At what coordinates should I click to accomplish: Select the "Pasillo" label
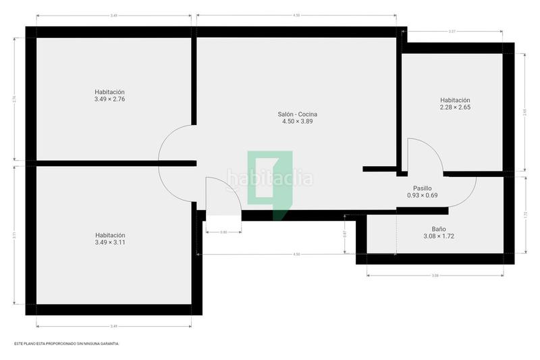tap(423, 188)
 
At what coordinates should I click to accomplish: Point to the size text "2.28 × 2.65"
tap(455, 107)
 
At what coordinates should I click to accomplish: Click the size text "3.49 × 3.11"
tap(110, 242)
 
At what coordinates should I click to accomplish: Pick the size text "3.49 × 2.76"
tap(110, 99)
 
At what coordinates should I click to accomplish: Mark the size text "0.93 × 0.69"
tap(423, 196)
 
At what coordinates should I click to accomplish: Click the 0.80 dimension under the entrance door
tap(223, 232)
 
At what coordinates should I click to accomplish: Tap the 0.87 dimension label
tap(345, 234)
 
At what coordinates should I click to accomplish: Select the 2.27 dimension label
tap(452, 30)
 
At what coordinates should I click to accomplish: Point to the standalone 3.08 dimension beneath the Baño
tap(435, 276)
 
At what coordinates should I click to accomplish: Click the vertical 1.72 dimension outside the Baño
tap(525, 215)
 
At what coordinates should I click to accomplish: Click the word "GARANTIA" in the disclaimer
tap(107, 344)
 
